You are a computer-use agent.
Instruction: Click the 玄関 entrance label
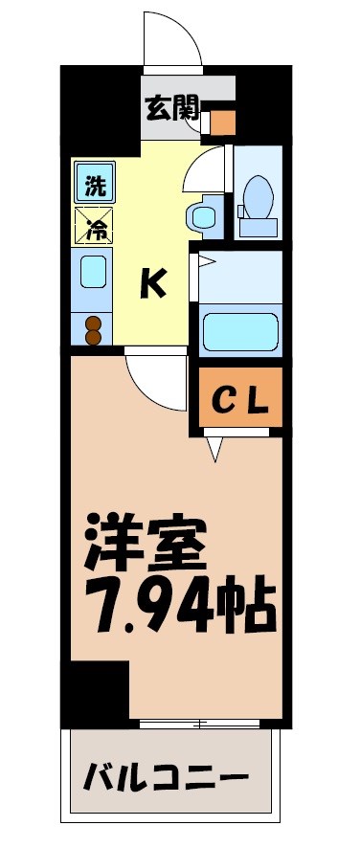tap(171, 107)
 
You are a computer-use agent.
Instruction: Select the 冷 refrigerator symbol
tap(94, 228)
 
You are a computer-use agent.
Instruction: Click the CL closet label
tap(241, 397)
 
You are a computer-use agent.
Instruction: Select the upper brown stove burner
tap(93, 323)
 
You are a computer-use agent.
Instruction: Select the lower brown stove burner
tap(93, 337)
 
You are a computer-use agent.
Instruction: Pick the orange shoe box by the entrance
tap(223, 123)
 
